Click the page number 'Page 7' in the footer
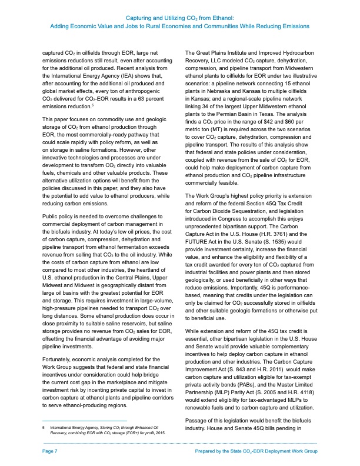tap(49, 451)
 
